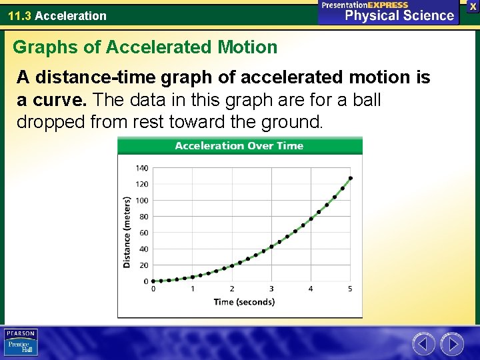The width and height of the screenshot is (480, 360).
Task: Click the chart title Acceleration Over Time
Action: [239, 146]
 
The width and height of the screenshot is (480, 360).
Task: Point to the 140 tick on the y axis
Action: [143, 168]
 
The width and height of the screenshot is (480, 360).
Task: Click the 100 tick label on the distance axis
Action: [143, 201]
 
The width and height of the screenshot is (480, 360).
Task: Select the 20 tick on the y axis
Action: [144, 265]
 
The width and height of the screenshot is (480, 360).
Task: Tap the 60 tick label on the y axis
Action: [144, 233]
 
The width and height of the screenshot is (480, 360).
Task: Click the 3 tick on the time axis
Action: [271, 289]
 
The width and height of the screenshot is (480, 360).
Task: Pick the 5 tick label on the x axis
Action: [350, 289]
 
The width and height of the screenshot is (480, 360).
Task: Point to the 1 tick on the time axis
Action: [193, 289]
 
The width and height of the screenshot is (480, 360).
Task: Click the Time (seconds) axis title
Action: [244, 302]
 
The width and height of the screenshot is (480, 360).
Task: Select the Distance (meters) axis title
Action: [127, 232]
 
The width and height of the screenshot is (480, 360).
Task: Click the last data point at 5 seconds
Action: [351, 178]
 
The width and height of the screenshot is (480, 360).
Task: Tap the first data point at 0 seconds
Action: [153, 281]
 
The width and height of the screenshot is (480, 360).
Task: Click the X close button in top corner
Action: [473, 5]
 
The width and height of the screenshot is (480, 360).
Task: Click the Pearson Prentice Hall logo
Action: [21, 342]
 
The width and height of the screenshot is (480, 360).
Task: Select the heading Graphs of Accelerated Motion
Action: [145, 47]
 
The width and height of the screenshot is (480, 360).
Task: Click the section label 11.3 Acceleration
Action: [57, 15]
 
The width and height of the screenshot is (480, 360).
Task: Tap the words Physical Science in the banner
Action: [399, 15]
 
